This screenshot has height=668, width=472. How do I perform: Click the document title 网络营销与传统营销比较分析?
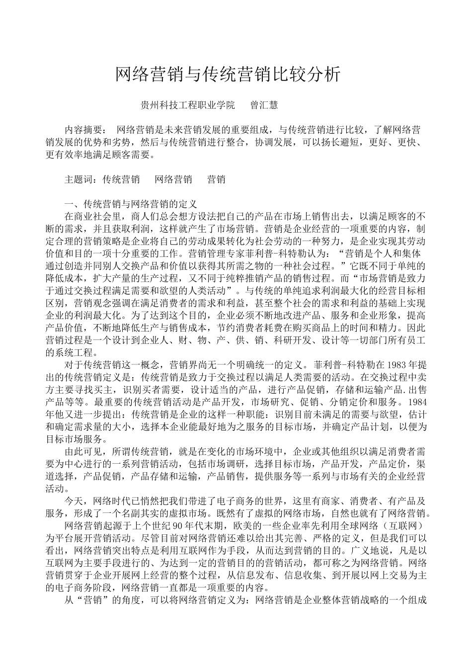coord(228,74)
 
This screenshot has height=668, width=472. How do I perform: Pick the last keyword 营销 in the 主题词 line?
coord(216,179)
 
